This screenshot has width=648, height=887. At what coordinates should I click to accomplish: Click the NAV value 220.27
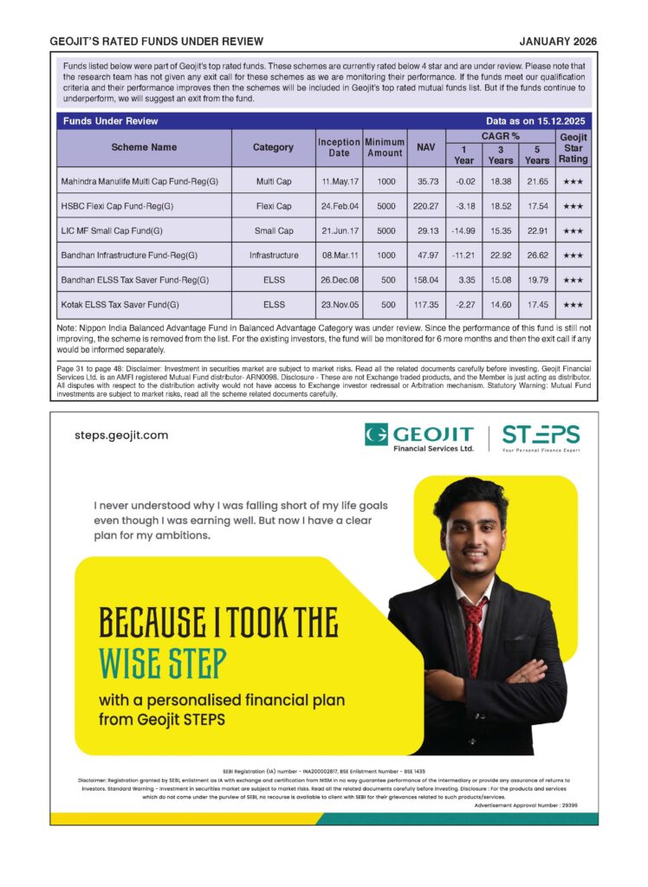pyautogui.click(x=425, y=206)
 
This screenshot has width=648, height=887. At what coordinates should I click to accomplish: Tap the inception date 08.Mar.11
pyautogui.click(x=339, y=256)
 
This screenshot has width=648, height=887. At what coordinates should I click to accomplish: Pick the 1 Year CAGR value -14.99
pyautogui.click(x=464, y=231)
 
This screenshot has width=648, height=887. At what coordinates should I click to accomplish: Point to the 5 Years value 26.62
pyautogui.click(x=537, y=256)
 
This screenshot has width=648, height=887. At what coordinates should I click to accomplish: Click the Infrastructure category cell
pyautogui.click(x=274, y=256)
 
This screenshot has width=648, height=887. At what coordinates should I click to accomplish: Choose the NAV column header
pyautogui.click(x=425, y=147)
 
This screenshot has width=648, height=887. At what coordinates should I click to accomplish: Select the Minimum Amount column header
pyautogui.click(x=385, y=147)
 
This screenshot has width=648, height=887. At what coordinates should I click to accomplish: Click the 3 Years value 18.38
pyautogui.click(x=501, y=182)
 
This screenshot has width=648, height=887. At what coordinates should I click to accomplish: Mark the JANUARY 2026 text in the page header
pyautogui.click(x=558, y=41)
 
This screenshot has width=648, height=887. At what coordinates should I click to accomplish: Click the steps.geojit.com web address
pyautogui.click(x=121, y=435)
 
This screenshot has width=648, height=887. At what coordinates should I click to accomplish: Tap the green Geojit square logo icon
pyautogui.click(x=376, y=435)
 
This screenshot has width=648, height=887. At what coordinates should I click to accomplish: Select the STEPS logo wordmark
pyautogui.click(x=541, y=436)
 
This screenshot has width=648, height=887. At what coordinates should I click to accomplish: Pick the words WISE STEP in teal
pyautogui.click(x=163, y=663)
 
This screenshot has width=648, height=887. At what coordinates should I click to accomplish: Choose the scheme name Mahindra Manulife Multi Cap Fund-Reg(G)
pyautogui.click(x=139, y=182)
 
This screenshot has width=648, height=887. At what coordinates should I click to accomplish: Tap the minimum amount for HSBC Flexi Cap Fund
pyautogui.click(x=385, y=206)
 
